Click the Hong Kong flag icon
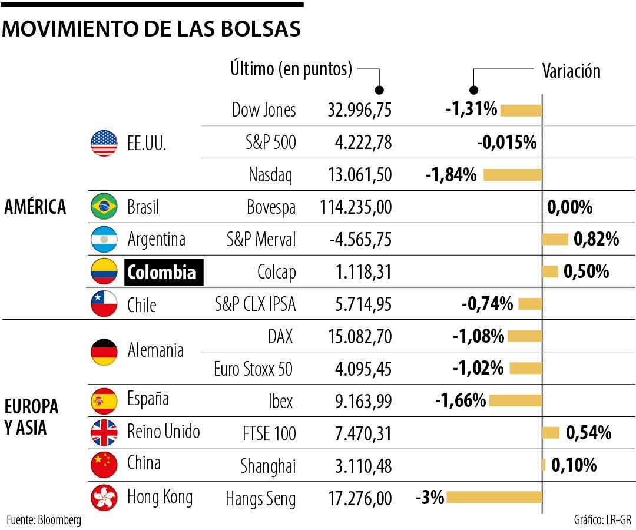click(x=104, y=498)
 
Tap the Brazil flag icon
click(x=104, y=207)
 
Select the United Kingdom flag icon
click(x=104, y=433)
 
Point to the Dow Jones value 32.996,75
click(x=359, y=110)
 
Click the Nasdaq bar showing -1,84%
click(x=512, y=175)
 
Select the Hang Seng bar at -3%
click(x=493, y=498)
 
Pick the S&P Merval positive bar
click(x=555, y=239)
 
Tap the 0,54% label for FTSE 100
click(x=588, y=433)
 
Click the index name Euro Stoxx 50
click(x=253, y=369)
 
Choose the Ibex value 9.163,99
click(x=359, y=401)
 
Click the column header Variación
click(x=571, y=71)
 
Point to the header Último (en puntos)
click(x=291, y=69)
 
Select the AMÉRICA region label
click(x=35, y=207)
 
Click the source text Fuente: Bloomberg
click(x=44, y=519)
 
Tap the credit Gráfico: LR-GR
click(x=602, y=519)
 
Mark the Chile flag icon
click(x=104, y=304)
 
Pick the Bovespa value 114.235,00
click(x=356, y=207)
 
